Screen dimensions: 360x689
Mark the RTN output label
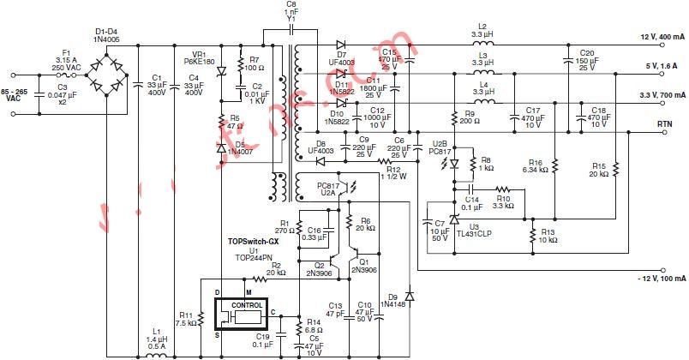click(663, 123)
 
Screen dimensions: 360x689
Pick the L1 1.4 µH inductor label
click(155, 339)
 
